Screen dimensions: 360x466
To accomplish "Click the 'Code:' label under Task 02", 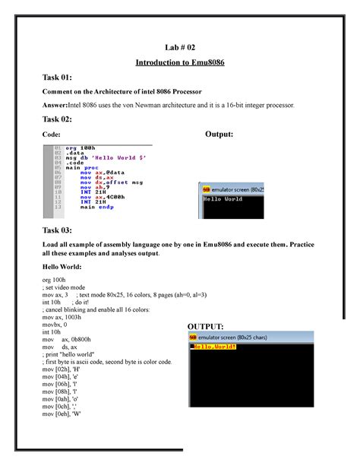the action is [52, 135].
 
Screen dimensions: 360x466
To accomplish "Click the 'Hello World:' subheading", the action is [65, 268].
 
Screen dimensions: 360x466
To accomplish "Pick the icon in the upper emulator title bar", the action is [205, 187].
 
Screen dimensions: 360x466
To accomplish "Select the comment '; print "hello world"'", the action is [77, 354].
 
